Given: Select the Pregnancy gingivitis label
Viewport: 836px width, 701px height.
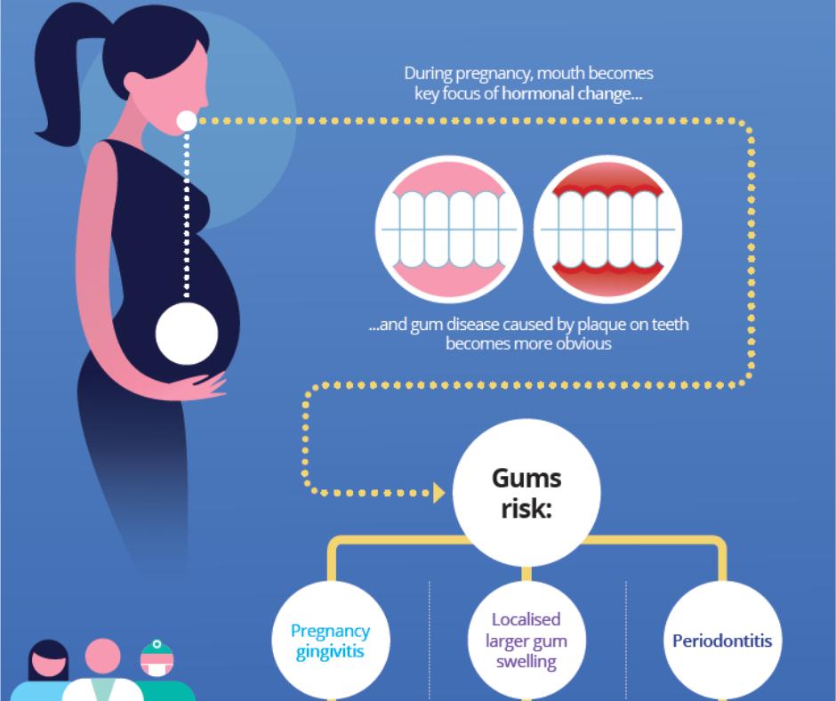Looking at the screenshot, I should pyautogui.click(x=330, y=641).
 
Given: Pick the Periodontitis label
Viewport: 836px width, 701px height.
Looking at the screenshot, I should pyautogui.click(x=722, y=641).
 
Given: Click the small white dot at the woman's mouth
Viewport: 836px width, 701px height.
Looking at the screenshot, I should pyautogui.click(x=186, y=121).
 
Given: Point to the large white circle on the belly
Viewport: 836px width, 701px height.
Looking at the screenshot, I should pyautogui.click(x=187, y=335).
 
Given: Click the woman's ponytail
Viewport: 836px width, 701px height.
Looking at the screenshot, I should pyautogui.click(x=58, y=89).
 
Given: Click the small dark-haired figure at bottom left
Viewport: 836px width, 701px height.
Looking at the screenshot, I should pyautogui.click(x=49, y=665).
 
